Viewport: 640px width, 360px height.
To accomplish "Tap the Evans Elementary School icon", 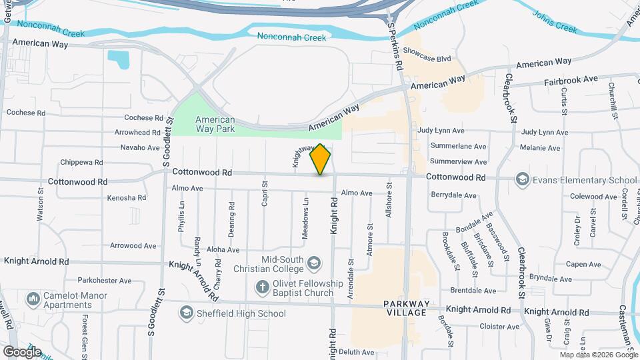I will tap(523, 180).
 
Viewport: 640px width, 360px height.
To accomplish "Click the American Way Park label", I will tap(215, 125).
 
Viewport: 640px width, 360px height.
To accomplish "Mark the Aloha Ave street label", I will tap(223, 249).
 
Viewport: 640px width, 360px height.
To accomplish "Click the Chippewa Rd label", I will tap(81, 162).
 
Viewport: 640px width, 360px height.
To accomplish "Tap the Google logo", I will tap(22, 351).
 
